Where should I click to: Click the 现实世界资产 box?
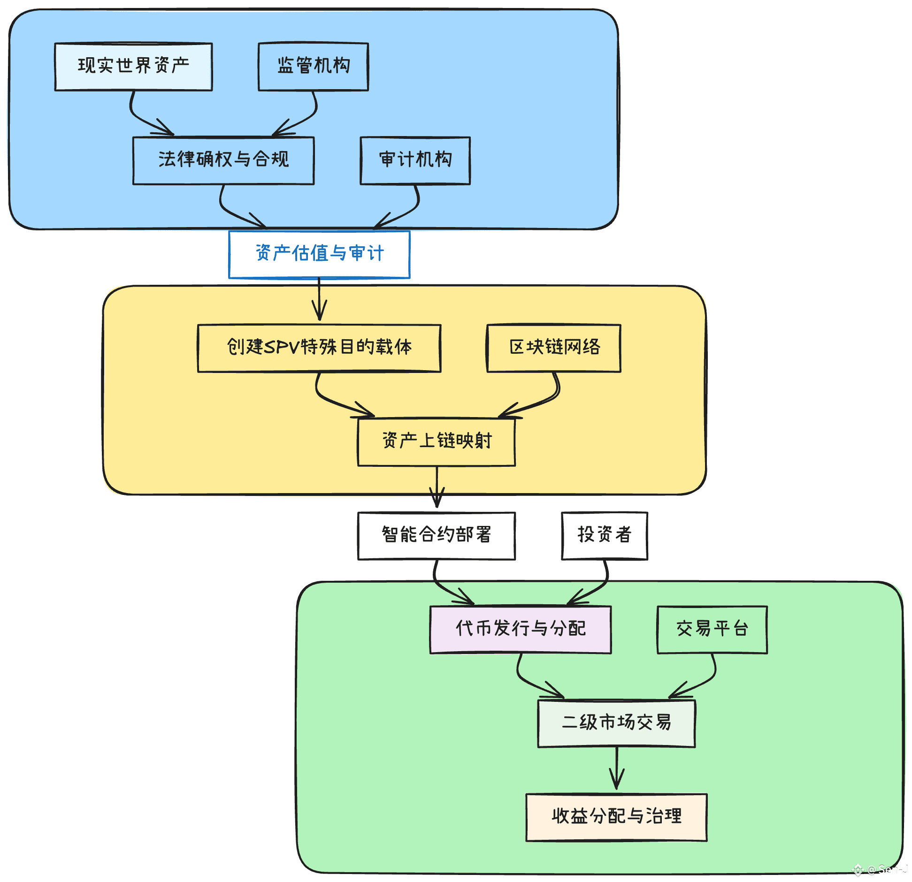coord(133,67)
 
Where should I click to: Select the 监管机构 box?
coord(313,67)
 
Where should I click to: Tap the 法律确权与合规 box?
coord(223,160)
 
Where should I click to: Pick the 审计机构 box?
coord(415,160)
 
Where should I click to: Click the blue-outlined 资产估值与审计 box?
coord(319,254)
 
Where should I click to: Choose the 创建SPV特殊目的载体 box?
coord(319,348)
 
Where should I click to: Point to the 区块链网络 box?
coord(554,348)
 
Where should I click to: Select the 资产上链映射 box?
coord(437,442)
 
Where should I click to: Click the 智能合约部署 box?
coord(437,536)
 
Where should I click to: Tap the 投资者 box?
coord(605,536)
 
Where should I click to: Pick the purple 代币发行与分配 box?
coord(521,630)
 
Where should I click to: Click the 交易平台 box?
coord(712,630)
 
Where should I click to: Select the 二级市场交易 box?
coord(616,723)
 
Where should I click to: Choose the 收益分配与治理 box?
coord(616,817)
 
